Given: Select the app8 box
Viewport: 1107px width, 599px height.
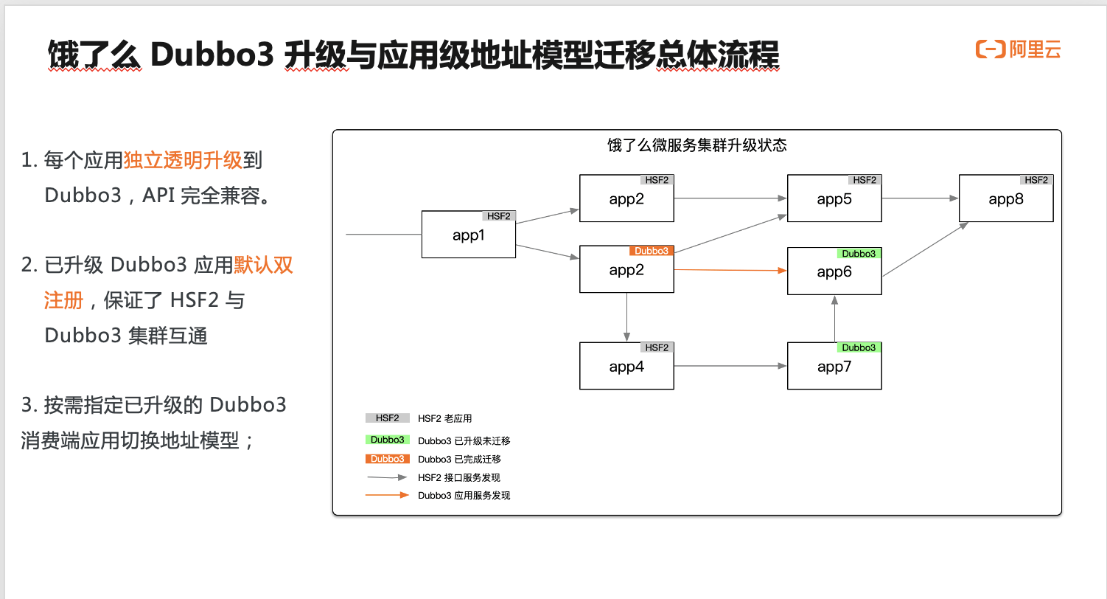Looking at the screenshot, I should [x=1005, y=198].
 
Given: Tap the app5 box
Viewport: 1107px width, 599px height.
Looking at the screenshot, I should [x=834, y=198].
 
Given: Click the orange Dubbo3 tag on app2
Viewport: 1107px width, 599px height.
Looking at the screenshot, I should [x=651, y=251].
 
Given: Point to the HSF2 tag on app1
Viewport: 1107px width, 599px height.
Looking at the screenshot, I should [x=498, y=216].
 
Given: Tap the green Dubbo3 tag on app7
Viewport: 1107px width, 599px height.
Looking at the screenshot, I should [x=859, y=347].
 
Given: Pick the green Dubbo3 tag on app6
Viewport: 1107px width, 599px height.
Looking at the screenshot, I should [x=859, y=254].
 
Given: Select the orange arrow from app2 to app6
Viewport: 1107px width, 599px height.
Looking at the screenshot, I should [x=730, y=271].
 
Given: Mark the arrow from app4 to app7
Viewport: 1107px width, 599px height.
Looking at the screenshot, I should [x=730, y=366].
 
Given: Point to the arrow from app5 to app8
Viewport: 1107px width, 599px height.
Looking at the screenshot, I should [x=920, y=198].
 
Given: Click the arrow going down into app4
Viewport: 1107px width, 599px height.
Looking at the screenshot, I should [x=626, y=317].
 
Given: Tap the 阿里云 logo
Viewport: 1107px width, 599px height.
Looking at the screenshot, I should [x=1019, y=50].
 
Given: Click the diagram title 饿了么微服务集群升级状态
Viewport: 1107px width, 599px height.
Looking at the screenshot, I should [x=696, y=145].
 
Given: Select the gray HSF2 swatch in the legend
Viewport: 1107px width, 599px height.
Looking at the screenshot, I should [x=387, y=418].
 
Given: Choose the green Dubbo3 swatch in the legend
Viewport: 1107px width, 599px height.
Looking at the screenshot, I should [x=387, y=440].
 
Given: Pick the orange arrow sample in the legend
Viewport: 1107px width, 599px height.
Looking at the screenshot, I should [x=387, y=495].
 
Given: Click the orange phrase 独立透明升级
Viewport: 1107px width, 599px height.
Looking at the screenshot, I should [x=183, y=160].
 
